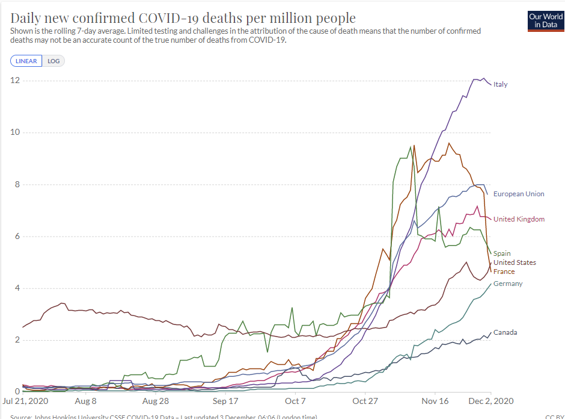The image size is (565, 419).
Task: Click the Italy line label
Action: tap(500, 84)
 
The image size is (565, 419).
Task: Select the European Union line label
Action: tap(519, 194)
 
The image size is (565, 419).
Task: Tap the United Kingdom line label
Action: tap(519, 219)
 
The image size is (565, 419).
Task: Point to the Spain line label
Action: tap(502, 253)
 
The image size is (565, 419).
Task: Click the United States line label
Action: tap(515, 262)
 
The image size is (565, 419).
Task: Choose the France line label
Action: tap(504, 272)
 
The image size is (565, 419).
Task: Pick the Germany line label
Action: tap(508, 284)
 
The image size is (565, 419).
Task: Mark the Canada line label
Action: tap(505, 332)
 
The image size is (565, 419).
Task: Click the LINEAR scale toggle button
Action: tap(26, 61)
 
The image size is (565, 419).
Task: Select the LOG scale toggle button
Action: tap(53, 61)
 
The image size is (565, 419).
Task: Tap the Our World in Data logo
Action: tap(546, 20)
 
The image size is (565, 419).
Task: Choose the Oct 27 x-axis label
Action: tap(365, 401)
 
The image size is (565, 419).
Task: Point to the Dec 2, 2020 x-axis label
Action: tap(491, 401)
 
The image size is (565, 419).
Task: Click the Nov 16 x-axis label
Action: tap(435, 401)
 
